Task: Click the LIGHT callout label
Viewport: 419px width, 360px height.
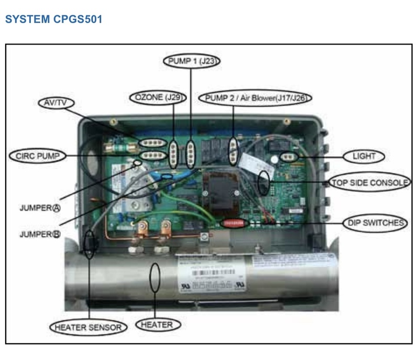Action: click(363, 156)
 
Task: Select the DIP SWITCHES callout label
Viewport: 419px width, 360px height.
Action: click(376, 223)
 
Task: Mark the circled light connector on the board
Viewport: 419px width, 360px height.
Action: click(288, 156)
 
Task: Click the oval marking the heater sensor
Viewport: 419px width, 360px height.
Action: click(91, 244)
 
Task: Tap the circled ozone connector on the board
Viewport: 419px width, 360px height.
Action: click(173, 154)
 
